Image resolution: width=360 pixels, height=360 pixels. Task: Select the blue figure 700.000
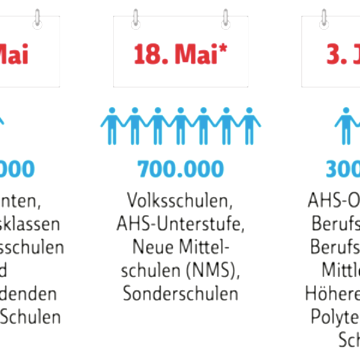click(x=180, y=169)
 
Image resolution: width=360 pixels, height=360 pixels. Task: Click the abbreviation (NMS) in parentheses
click(x=208, y=271)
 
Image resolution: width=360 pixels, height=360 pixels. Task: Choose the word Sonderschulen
click(x=180, y=294)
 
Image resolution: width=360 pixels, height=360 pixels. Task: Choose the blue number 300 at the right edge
click(x=343, y=169)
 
